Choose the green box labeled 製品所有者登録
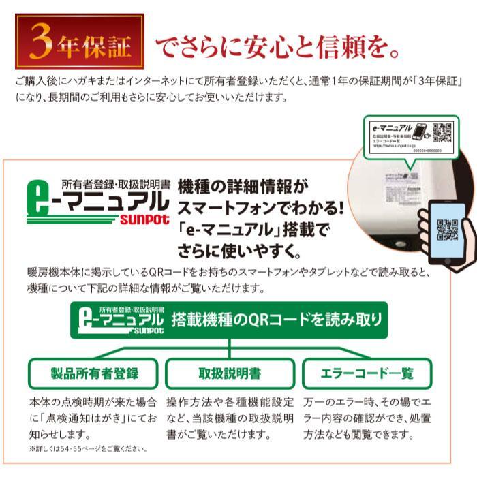pos(95,373)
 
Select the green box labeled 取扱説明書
pos(230,373)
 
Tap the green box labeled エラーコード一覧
pos(367,373)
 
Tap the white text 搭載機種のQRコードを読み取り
pos(277,320)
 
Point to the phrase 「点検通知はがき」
pos(79,416)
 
